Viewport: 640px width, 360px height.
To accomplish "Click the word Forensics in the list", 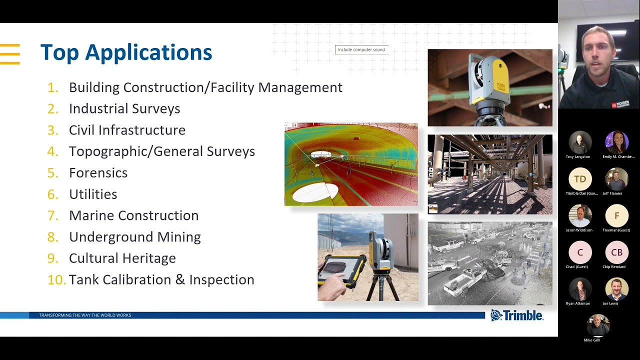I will point(98,173).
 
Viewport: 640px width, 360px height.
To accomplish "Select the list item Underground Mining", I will point(134,237).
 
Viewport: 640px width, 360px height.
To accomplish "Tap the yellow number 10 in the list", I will point(56,280).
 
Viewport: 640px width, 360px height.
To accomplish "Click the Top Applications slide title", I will point(126,52).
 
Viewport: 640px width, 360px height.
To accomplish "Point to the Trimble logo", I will point(516,315).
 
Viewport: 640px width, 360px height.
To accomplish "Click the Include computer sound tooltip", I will point(361,49).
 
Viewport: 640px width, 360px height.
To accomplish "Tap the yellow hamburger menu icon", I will point(10,54).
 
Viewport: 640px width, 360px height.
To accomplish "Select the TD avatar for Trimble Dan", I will point(580,179).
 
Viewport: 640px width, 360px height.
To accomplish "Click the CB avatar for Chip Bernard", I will point(616,252).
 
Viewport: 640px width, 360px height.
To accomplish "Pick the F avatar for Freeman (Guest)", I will point(616,215).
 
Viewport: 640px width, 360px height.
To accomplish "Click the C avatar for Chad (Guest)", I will point(580,252).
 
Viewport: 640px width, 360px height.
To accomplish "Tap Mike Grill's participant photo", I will point(598,326).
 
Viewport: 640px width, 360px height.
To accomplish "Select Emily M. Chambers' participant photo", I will point(616,142).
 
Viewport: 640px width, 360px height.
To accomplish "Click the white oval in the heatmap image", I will point(315,192).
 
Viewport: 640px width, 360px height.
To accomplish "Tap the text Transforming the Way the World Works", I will point(85,315).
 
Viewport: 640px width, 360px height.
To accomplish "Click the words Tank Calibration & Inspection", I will point(161,280).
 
